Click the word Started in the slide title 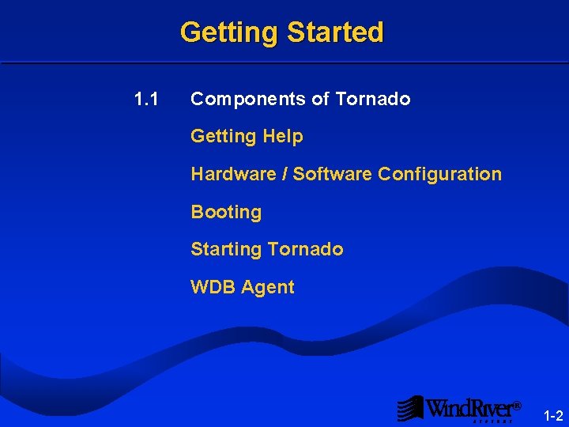pos(335,32)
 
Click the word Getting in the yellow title pos(229,32)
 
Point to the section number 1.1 pos(146,99)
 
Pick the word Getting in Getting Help pos(224,136)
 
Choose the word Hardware pos(233,174)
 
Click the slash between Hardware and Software pos(284,174)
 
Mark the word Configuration pos(439,174)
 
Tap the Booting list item pos(226,212)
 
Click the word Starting pos(226,249)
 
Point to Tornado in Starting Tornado pos(305,249)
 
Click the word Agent pos(268,287)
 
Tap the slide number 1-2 pos(552,416)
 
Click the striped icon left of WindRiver pos(410,408)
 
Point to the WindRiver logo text pos(469,408)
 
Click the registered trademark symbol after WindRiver pos(517,406)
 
